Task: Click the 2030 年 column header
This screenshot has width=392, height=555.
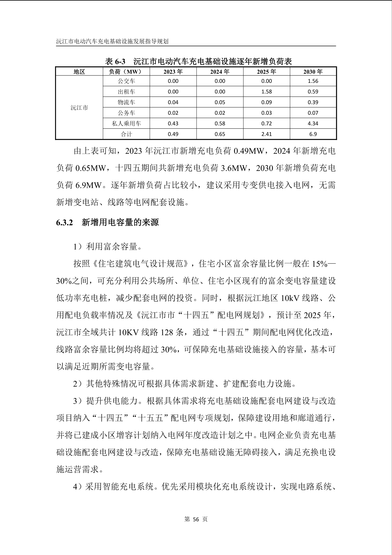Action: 313,72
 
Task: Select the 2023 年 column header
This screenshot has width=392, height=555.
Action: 173,72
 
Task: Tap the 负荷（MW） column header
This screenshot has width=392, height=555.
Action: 126,72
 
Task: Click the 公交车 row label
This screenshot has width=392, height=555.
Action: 126,81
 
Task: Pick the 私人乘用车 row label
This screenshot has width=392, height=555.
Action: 126,123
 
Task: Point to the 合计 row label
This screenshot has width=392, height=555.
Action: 126,134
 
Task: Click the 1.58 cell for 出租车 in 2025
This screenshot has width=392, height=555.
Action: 266,92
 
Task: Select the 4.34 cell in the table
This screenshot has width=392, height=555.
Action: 313,123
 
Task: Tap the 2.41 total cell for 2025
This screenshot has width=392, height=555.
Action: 266,134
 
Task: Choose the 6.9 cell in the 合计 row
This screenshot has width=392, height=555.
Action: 313,134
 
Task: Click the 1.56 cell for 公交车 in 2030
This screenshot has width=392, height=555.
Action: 313,81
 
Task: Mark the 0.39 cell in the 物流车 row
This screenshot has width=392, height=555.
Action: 313,102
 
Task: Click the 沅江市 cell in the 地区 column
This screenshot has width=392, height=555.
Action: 79,108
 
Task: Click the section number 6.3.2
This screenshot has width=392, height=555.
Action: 64,222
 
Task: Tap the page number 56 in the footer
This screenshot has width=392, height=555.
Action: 196,519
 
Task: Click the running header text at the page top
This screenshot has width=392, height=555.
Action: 112,41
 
